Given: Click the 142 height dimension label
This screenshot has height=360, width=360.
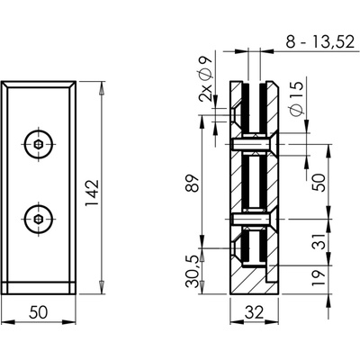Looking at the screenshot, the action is tap(92, 193).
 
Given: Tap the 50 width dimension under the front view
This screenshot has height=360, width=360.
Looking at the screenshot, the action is tap(39, 312).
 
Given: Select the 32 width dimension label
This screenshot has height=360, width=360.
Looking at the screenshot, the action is tap(254, 312).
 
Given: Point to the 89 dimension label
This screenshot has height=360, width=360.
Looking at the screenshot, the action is tap(193, 183).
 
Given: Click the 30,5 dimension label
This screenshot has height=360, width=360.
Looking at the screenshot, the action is tap(193, 272).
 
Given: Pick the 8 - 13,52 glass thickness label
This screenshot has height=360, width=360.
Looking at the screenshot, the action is tap(319, 42).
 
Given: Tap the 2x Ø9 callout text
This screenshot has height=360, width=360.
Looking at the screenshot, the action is tap(205, 79).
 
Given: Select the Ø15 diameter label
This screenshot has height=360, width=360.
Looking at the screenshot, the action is tap(297, 98).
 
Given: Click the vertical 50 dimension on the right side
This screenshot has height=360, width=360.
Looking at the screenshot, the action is tap(319, 183).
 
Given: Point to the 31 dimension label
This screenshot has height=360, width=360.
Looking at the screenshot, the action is tap(319, 241).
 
